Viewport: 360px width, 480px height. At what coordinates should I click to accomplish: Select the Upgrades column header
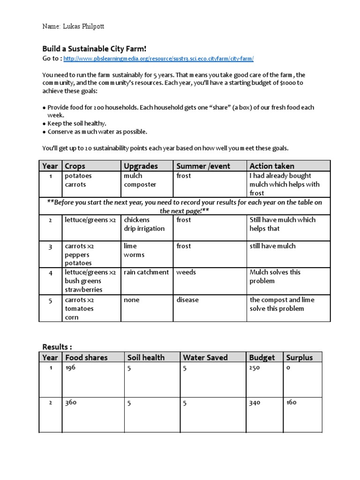click(141, 166)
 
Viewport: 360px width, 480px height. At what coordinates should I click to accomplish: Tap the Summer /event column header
click(202, 166)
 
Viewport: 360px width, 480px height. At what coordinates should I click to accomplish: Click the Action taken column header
click(272, 166)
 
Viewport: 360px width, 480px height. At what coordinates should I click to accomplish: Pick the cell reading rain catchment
click(146, 272)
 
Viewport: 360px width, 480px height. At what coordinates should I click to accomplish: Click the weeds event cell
click(186, 272)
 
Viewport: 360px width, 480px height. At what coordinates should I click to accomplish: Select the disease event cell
click(187, 300)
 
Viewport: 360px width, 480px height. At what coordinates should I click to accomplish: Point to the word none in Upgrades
click(131, 300)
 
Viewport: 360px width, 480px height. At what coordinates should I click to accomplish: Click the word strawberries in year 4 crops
click(83, 290)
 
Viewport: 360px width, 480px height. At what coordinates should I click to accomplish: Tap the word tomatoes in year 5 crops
click(79, 309)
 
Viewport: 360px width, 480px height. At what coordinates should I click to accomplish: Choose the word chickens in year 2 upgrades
click(137, 220)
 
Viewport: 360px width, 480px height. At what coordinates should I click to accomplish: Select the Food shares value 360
click(71, 403)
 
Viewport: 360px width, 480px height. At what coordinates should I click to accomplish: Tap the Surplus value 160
click(291, 403)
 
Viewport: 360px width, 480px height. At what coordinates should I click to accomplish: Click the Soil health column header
click(146, 358)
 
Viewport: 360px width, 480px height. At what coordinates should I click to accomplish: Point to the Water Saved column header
click(205, 358)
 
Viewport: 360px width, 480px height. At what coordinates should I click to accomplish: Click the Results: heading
click(57, 347)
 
